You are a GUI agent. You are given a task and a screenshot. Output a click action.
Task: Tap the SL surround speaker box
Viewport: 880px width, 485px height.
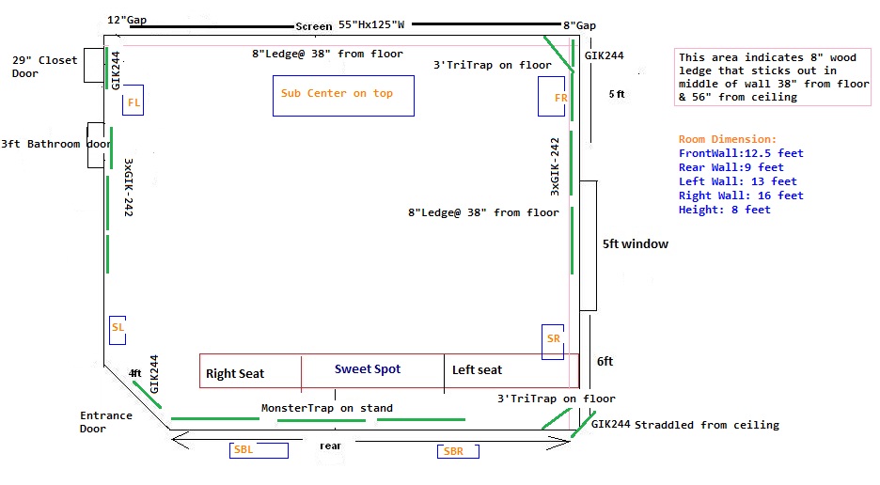pyautogui.click(x=118, y=327)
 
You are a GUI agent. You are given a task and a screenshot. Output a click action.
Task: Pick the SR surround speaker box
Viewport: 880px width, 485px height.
pyautogui.click(x=553, y=340)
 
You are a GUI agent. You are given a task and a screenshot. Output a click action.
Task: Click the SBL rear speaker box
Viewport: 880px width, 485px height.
pyautogui.click(x=244, y=450)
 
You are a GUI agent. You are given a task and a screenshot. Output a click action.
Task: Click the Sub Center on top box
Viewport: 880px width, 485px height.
pyautogui.click(x=343, y=95)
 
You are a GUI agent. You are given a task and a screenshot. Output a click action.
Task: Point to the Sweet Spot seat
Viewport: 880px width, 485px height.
pyautogui.click(x=368, y=369)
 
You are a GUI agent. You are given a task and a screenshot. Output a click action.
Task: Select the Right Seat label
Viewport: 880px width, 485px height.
pyautogui.click(x=235, y=373)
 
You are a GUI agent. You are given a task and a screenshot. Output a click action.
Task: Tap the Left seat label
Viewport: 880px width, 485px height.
pyautogui.click(x=477, y=370)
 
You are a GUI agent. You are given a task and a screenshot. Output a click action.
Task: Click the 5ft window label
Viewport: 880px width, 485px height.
pyautogui.click(x=636, y=244)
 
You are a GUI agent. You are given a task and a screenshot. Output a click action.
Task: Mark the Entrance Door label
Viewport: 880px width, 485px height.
pyautogui.click(x=106, y=422)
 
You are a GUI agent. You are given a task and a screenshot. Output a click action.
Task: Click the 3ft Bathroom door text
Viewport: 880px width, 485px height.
pyautogui.click(x=55, y=145)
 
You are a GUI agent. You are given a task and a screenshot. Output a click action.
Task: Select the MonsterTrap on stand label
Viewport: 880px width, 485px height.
pyautogui.click(x=327, y=408)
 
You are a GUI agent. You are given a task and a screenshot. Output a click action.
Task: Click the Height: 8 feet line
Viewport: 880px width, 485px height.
pyautogui.click(x=724, y=210)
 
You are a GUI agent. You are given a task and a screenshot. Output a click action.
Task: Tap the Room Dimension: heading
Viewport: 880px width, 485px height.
pyautogui.click(x=728, y=139)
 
